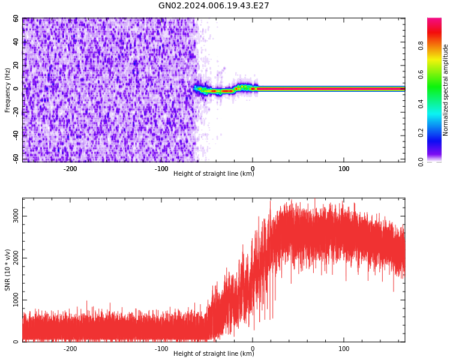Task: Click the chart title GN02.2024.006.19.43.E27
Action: pyautogui.click(x=214, y=6)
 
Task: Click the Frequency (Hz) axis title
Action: pyautogui.click(x=8, y=90)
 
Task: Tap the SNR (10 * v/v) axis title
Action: pyautogui.click(x=8, y=270)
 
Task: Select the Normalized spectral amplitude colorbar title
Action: pyautogui.click(x=446, y=90)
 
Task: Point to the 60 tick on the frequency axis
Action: pyautogui.click(x=16, y=19)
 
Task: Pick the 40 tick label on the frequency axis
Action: pyautogui.click(x=16, y=42)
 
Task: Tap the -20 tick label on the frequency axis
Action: pyautogui.click(x=16, y=112)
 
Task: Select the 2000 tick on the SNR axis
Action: pyautogui.click(x=16, y=259)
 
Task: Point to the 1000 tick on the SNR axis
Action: pyautogui.click(x=16, y=301)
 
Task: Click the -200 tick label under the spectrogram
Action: pyautogui.click(x=70, y=169)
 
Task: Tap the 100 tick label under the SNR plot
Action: pyautogui.click(x=344, y=348)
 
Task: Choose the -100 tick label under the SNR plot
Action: pyautogui.click(x=161, y=348)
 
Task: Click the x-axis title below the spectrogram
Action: pyautogui.click(x=214, y=174)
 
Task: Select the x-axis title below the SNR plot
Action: pyautogui.click(x=214, y=354)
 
